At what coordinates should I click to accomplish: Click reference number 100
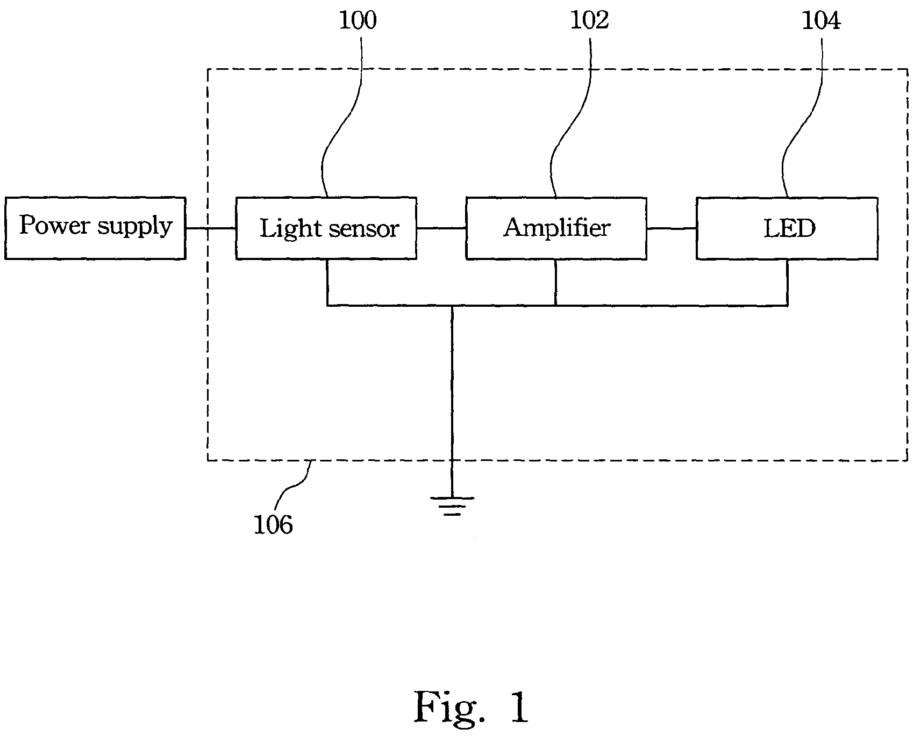tap(358, 20)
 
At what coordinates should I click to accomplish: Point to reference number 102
tap(589, 20)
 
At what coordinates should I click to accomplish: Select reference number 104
tap(821, 20)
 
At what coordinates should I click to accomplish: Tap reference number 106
tap(273, 525)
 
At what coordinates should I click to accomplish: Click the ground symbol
tap(452, 506)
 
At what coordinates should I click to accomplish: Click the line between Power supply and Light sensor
tap(211, 228)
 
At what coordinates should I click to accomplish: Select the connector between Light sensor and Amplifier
tap(441, 228)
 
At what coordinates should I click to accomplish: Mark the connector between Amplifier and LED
tap(672, 228)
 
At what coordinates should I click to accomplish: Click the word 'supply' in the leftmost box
tap(135, 227)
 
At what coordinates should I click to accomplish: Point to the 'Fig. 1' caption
tap(472, 708)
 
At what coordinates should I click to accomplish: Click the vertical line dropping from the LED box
tap(788, 283)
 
